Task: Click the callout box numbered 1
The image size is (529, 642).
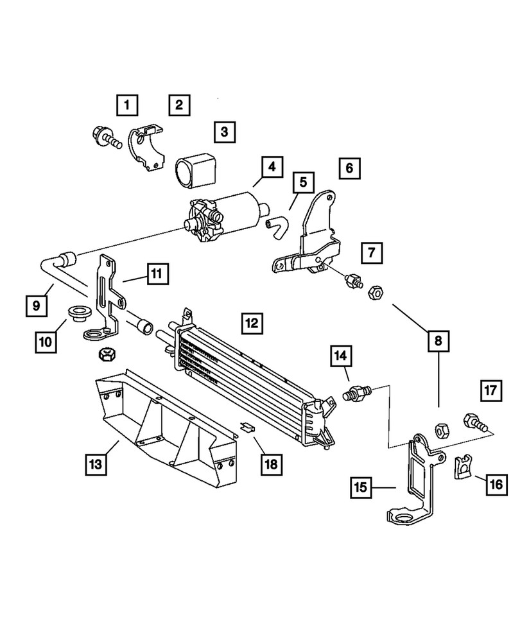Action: click(127, 103)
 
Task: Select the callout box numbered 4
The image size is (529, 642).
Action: click(272, 168)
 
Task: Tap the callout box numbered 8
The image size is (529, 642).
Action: click(439, 343)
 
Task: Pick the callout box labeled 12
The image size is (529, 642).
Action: click(252, 322)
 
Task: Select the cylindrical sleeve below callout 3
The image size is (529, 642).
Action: click(195, 169)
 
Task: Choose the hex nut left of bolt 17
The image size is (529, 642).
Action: click(441, 429)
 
